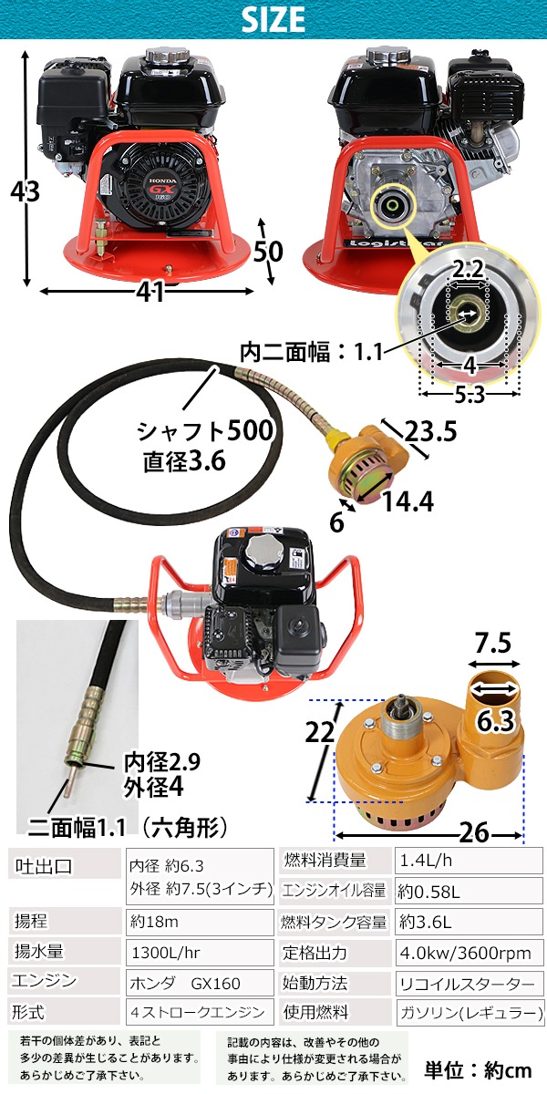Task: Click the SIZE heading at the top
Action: [x=273, y=19]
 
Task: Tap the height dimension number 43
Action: [x=25, y=191]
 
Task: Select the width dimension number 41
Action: [x=150, y=292]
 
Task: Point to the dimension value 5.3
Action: [x=470, y=394]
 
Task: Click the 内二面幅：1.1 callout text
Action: [x=312, y=352]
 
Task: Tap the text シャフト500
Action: [x=204, y=431]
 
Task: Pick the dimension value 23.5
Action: [x=430, y=430]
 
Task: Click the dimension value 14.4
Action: [x=408, y=501]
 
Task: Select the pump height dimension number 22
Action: [x=320, y=732]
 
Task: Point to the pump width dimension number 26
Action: [x=473, y=832]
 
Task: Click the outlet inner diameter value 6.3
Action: [x=496, y=721]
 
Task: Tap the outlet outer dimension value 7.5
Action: [x=493, y=643]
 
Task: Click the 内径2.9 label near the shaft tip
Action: [x=161, y=762]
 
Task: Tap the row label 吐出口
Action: [x=44, y=867]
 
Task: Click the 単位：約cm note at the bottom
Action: [x=478, y=1070]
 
